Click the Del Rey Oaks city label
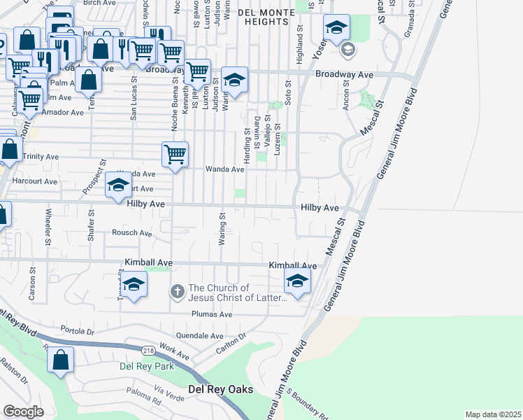pos(220,389)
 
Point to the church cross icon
pos(178,290)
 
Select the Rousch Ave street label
pos(133,233)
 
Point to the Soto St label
pos(287,92)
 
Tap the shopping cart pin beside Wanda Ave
pos(175,155)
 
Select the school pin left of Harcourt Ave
pos(118,186)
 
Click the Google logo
pos(23,412)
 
